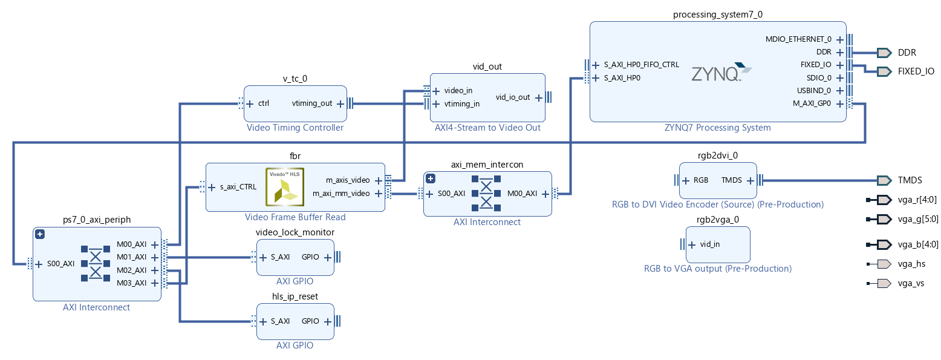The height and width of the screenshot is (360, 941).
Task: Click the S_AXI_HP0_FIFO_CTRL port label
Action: (x=641, y=64)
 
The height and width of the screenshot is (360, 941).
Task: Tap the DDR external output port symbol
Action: (x=884, y=53)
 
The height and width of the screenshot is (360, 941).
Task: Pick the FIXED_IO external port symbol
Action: (x=884, y=71)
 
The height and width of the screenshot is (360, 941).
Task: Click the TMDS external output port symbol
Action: (x=884, y=180)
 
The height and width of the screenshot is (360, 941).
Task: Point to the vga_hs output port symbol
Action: (x=883, y=264)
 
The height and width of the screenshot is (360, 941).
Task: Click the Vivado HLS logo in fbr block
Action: (x=285, y=186)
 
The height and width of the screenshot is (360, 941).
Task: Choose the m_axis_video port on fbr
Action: (x=347, y=180)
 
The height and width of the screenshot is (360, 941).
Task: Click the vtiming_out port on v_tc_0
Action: (x=312, y=103)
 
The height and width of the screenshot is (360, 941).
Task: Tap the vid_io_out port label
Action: (x=513, y=97)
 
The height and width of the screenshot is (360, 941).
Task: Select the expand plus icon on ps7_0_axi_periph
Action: (x=40, y=234)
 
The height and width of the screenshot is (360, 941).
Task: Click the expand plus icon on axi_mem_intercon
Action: (x=431, y=178)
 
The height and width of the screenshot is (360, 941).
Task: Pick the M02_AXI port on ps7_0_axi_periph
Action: (x=131, y=270)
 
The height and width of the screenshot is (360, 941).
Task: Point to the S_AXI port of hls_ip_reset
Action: (x=280, y=321)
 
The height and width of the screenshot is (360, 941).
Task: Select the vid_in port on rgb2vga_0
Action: (x=709, y=244)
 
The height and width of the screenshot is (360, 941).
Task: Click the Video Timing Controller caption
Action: (x=295, y=128)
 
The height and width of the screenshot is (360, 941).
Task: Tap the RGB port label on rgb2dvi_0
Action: (x=700, y=180)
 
